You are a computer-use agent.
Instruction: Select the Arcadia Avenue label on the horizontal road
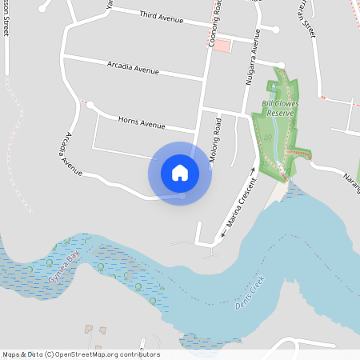(x=132, y=68)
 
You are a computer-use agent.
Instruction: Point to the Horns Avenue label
(x=142, y=123)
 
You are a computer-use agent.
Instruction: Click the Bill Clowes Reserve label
(x=279, y=108)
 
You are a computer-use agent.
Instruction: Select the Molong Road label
(x=215, y=141)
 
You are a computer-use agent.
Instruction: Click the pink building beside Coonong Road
(x=222, y=46)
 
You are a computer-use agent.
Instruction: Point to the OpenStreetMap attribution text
(x=81, y=354)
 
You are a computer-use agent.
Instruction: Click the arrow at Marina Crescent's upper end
(x=254, y=169)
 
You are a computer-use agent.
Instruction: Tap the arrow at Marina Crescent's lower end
(x=222, y=236)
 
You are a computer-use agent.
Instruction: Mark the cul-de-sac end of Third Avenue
(x=275, y=30)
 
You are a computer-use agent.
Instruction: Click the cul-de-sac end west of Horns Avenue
(x=90, y=104)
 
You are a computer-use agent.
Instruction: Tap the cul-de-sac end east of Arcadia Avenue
(x=282, y=65)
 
